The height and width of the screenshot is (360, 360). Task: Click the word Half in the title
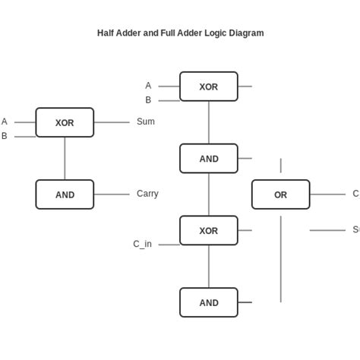107,33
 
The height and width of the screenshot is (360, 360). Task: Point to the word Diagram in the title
245,33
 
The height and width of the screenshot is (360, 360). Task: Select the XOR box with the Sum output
65,122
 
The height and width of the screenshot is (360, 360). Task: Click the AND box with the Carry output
65,194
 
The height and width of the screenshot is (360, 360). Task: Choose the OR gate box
280,194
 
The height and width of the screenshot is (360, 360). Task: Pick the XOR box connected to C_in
208,230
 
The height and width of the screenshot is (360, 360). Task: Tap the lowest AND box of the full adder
208,302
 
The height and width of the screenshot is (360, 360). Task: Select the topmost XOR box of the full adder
208,87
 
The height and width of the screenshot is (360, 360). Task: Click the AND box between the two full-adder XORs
208,158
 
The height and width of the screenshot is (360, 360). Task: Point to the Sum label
146,122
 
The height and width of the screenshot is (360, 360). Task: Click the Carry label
147,194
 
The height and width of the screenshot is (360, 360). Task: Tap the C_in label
142,244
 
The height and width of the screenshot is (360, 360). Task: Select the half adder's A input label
5,122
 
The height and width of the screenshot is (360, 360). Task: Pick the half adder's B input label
5,136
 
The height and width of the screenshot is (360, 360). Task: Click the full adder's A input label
148,86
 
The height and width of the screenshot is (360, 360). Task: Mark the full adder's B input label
148,99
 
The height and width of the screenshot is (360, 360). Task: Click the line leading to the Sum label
112,122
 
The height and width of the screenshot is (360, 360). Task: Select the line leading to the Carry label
112,194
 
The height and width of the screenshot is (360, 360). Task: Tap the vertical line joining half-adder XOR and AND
65,158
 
